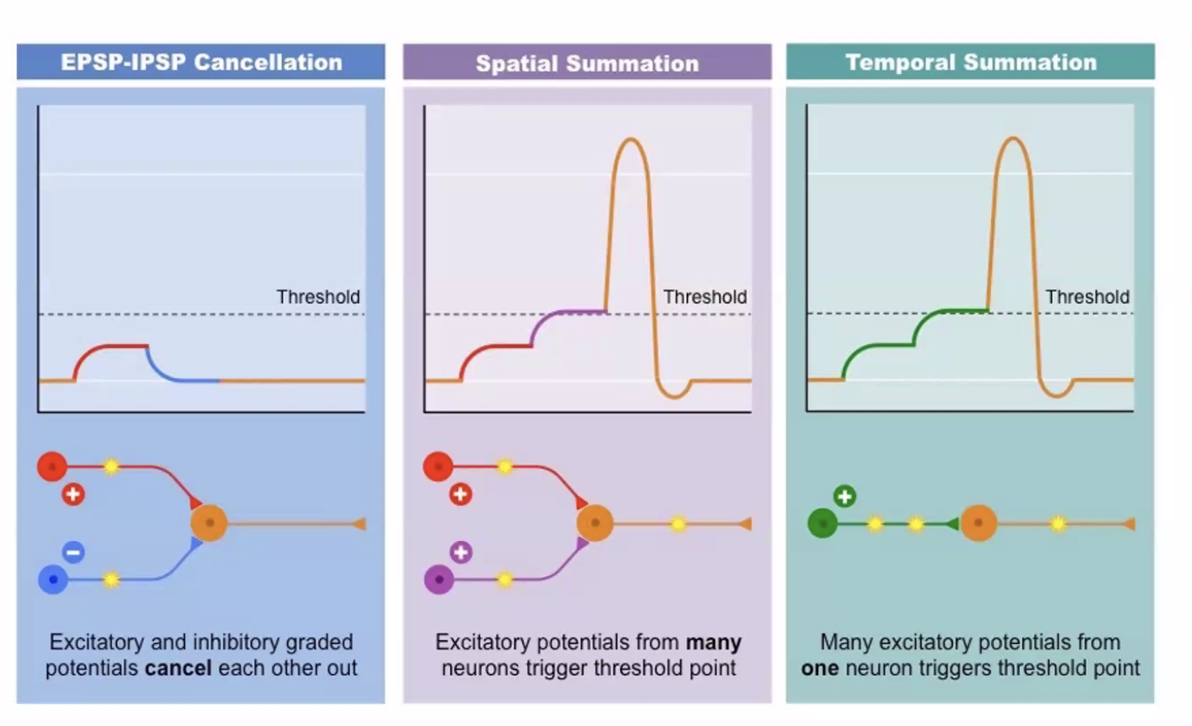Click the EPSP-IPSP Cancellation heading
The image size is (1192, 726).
(x=201, y=63)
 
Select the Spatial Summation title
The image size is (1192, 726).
(x=587, y=63)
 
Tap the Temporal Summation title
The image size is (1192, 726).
(x=971, y=63)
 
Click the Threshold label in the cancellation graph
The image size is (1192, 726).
(x=318, y=297)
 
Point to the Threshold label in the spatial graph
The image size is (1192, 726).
(x=704, y=297)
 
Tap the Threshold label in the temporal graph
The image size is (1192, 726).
(x=1087, y=297)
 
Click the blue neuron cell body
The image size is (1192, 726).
(x=53, y=580)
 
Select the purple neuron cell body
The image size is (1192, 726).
(x=438, y=580)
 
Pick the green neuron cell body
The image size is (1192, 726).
(x=822, y=524)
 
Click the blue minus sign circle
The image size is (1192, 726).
(x=73, y=552)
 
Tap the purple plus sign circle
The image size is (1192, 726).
(x=460, y=552)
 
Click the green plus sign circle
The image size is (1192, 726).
(x=845, y=496)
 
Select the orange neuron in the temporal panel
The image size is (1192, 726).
(x=978, y=523)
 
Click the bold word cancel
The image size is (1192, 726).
(x=178, y=668)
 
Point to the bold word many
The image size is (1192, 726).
(x=713, y=641)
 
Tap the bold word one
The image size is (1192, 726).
(x=819, y=668)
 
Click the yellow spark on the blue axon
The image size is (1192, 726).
(x=111, y=580)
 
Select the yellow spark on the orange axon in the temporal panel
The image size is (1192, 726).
(x=1058, y=524)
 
